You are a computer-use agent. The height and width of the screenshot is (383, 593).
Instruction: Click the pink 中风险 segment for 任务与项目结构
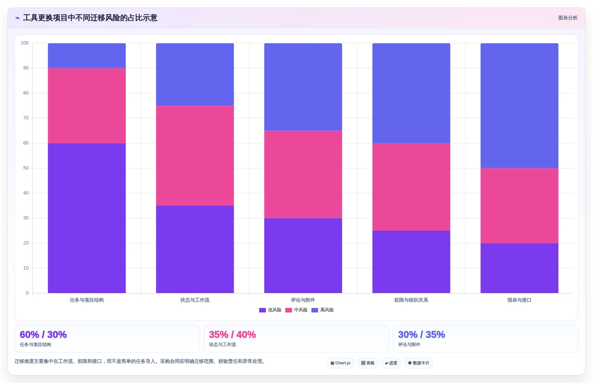87,106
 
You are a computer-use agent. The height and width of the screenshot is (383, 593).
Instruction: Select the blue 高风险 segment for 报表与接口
519,106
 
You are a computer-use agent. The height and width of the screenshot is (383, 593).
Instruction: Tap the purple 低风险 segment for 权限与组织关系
411,262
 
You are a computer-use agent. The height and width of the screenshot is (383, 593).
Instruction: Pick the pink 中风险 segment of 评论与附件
303,174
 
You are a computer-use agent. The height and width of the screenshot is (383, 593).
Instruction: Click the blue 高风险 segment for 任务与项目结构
87,56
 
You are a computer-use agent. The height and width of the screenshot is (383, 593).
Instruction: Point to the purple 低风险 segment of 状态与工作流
195,249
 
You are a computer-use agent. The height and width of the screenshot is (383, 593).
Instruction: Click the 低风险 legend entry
270,310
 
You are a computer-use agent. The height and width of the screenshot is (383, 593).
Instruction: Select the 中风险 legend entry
296,310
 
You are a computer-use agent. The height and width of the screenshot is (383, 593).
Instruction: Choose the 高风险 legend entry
322,310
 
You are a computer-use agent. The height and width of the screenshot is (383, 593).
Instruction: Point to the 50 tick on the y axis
26,168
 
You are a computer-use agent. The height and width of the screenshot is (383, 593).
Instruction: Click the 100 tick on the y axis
25,43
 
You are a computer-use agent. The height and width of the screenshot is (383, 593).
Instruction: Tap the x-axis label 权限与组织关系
411,300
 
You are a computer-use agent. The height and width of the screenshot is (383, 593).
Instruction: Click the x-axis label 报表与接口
519,300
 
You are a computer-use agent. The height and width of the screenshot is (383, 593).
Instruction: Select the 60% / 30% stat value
43,334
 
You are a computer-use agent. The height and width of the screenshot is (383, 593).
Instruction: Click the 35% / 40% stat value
232,334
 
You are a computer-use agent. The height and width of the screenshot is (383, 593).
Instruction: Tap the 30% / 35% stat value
422,334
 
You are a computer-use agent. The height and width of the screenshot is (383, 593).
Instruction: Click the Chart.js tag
341,363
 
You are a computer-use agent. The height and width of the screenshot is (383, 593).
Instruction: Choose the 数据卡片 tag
419,363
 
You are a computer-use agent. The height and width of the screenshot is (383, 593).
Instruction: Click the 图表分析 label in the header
568,18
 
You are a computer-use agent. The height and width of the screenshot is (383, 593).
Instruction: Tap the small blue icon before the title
18,18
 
